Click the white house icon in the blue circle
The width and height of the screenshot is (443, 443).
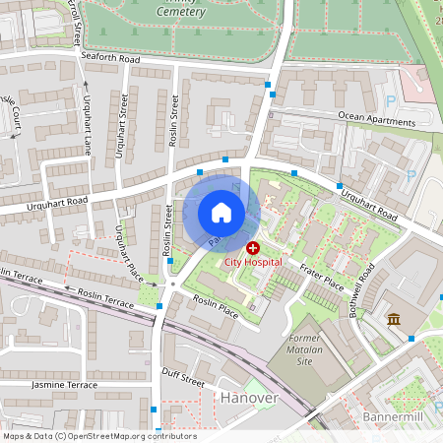pyautogui.click(x=221, y=212)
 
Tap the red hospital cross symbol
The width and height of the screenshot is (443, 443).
pyautogui.click(x=253, y=248)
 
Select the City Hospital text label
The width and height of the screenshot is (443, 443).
pyautogui.click(x=253, y=263)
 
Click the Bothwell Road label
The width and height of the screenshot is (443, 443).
pyautogui.click(x=366, y=289)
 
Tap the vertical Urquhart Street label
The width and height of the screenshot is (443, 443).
pyautogui.click(x=122, y=126)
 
